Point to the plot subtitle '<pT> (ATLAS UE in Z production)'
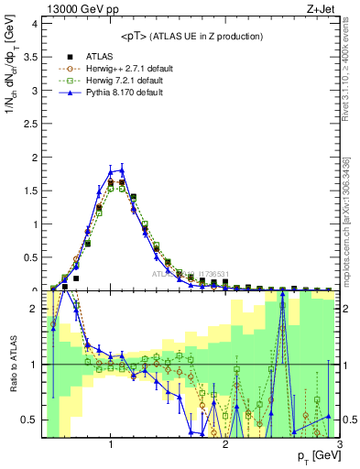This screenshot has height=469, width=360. click(x=191, y=36)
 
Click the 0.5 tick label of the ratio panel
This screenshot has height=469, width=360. click(x=29, y=420)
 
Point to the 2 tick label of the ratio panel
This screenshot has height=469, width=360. click(x=33, y=310)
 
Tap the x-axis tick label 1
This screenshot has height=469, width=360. click(x=111, y=445)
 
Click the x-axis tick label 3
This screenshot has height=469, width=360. click(x=339, y=445)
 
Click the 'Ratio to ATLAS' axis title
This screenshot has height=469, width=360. click(x=12, y=364)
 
